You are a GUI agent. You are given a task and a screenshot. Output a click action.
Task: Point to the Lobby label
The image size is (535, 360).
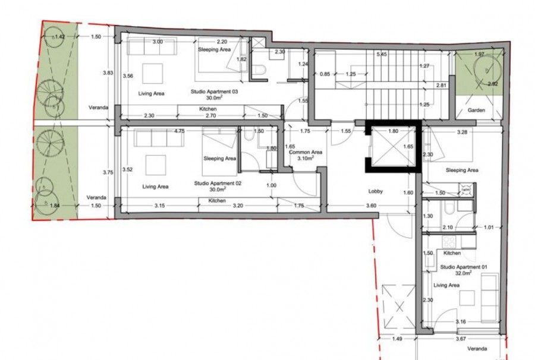tap(375, 191)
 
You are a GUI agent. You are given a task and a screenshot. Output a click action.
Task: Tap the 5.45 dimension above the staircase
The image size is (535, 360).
tap(382, 54)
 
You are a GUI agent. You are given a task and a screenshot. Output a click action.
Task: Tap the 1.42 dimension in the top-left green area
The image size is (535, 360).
tap(59, 37)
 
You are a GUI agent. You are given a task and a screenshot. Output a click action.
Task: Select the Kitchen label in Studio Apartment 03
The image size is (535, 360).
tap(208, 110)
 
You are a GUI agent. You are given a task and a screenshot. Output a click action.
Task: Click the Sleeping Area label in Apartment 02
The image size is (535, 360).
tap(219, 159)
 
